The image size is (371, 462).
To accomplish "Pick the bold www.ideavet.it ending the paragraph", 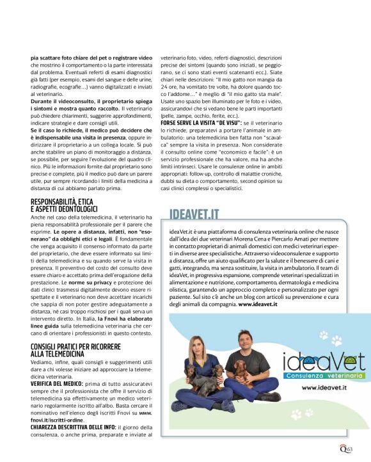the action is pyautogui.click(x=260, y=305).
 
